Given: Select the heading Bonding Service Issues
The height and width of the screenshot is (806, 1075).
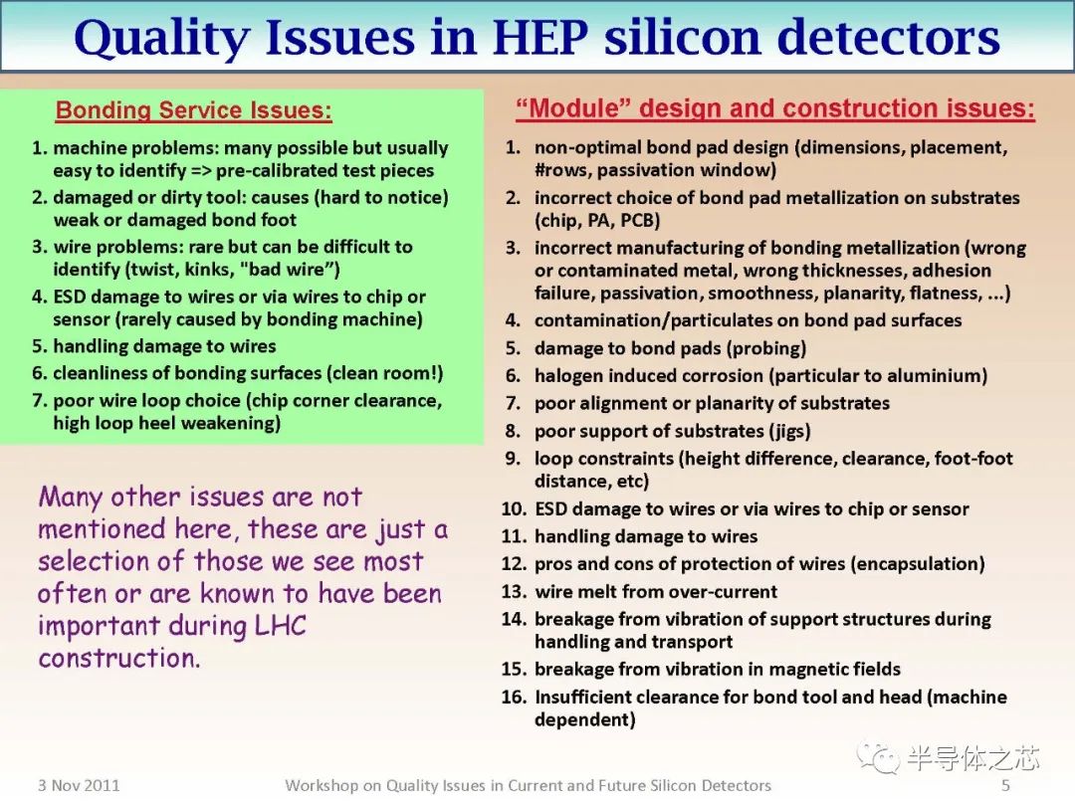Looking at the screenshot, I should (x=194, y=110).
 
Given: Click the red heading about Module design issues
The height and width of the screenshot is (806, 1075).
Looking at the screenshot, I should (x=774, y=108).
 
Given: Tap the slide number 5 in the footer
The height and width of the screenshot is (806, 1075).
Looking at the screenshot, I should (x=1005, y=785).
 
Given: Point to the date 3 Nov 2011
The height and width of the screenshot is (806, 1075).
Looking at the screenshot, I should (x=79, y=785).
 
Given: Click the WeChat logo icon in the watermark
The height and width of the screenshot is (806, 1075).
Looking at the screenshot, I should (x=881, y=758).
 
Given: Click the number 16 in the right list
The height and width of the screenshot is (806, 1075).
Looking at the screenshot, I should (x=514, y=698).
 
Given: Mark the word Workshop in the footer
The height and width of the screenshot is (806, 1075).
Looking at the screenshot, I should (x=322, y=785).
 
